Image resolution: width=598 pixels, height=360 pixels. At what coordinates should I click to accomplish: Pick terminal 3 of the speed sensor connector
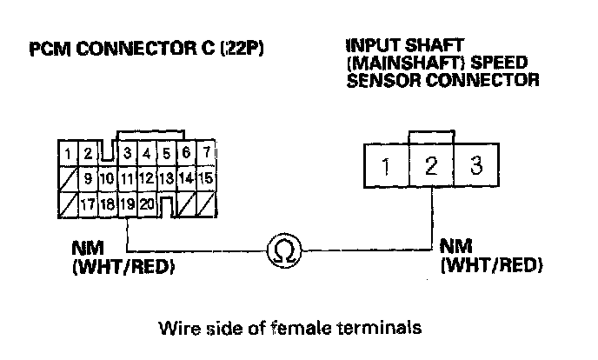[476, 166]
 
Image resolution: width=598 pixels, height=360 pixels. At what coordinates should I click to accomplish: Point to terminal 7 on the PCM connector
[206, 154]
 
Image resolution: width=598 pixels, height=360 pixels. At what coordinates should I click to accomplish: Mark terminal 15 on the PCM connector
[206, 179]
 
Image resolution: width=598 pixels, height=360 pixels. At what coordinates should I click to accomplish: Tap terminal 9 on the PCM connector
[88, 179]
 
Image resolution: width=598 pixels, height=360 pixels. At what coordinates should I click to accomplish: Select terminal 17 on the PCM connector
[88, 206]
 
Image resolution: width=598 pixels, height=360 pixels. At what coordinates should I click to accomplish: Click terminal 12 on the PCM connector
[147, 179]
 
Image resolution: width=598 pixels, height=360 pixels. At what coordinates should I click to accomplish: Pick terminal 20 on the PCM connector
[147, 206]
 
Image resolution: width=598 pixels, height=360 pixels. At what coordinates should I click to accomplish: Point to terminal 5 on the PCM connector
[167, 154]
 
